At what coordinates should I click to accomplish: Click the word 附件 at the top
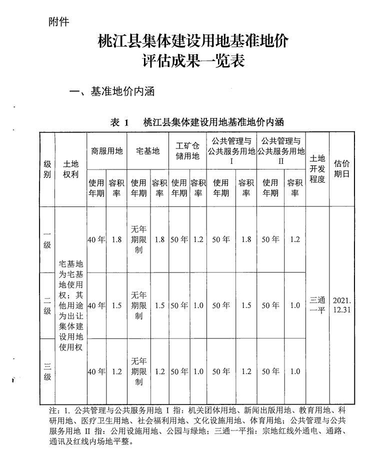coord(58,22)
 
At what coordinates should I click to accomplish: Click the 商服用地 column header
coord(106,151)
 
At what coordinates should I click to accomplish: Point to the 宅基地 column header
coord(147,151)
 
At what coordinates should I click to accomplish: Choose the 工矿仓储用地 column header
coord(187,151)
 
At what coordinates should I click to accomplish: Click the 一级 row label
coord(47,239)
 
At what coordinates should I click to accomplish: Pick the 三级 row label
coord(47,371)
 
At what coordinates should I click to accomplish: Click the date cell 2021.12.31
coord(342,305)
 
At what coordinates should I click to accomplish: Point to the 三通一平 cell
coord(317,305)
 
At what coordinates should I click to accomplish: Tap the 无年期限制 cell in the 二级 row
coord(139,305)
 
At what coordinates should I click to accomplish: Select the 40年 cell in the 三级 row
coord(96,371)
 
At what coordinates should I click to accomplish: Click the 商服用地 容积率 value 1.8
coord(116,239)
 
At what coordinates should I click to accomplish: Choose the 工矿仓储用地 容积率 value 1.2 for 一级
coord(198,239)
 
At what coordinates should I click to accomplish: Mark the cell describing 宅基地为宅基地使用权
coord(71,305)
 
